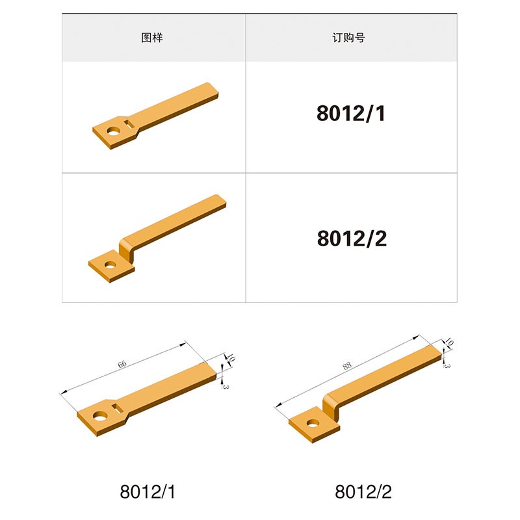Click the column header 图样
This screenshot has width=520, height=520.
(x=152, y=38)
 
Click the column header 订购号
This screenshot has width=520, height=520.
(x=348, y=38)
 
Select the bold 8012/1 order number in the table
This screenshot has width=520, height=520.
(x=351, y=113)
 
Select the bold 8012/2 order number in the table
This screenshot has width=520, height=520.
(x=352, y=239)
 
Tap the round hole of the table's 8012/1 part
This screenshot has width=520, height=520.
(x=114, y=132)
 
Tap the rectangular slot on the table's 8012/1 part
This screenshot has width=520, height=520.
(x=129, y=124)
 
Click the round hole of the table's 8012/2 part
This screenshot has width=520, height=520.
(x=110, y=265)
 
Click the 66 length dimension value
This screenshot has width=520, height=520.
(x=122, y=364)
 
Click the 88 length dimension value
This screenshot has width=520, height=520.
(x=347, y=366)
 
